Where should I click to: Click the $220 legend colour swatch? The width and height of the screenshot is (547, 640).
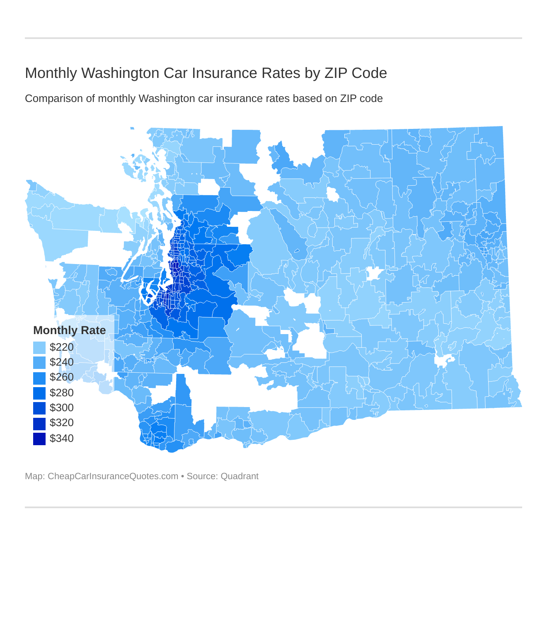(x=39, y=347)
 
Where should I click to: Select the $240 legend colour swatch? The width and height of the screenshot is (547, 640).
(x=39, y=362)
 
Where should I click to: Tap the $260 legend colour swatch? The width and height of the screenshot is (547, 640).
(x=39, y=378)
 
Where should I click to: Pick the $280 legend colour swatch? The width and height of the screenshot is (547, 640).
(x=39, y=393)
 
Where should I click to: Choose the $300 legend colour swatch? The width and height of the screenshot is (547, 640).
(x=39, y=408)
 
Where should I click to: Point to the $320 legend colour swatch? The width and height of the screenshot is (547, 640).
(x=39, y=423)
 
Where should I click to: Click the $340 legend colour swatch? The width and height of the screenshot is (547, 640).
(x=39, y=438)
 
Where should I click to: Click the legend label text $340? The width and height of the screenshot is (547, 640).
(x=62, y=438)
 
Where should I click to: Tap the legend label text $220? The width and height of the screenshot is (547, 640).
(x=62, y=347)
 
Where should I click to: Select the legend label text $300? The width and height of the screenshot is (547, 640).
(x=62, y=408)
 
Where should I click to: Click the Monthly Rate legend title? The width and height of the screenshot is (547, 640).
(x=70, y=330)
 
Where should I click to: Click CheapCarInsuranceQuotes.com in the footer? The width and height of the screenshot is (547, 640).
(x=113, y=476)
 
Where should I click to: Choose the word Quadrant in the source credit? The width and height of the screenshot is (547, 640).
(x=240, y=476)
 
